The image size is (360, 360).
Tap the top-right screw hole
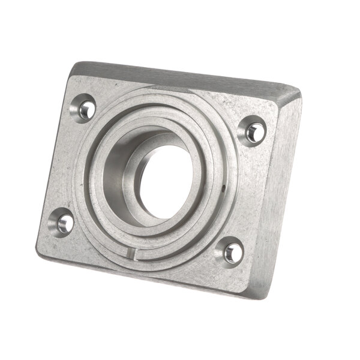tap(254, 131)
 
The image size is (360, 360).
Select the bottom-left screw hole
tap(64, 223)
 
